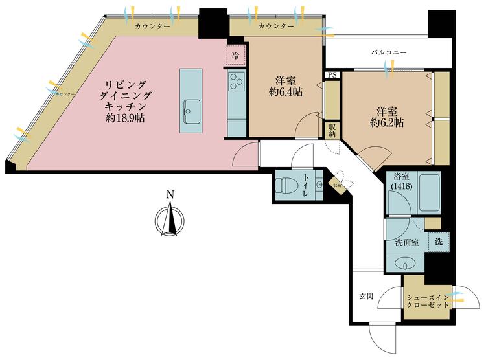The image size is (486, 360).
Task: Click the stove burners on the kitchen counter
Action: click(236, 82)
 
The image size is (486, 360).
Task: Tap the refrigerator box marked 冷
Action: click(235, 56)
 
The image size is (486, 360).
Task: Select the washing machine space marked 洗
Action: click(439, 242)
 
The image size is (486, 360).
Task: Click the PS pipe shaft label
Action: click(332, 75)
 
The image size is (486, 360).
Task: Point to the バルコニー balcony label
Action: click(388, 50)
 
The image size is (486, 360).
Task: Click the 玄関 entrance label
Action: click(367, 297)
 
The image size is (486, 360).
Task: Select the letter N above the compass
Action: click(170, 194)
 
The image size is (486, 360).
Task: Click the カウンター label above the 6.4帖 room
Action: click(276, 27)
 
